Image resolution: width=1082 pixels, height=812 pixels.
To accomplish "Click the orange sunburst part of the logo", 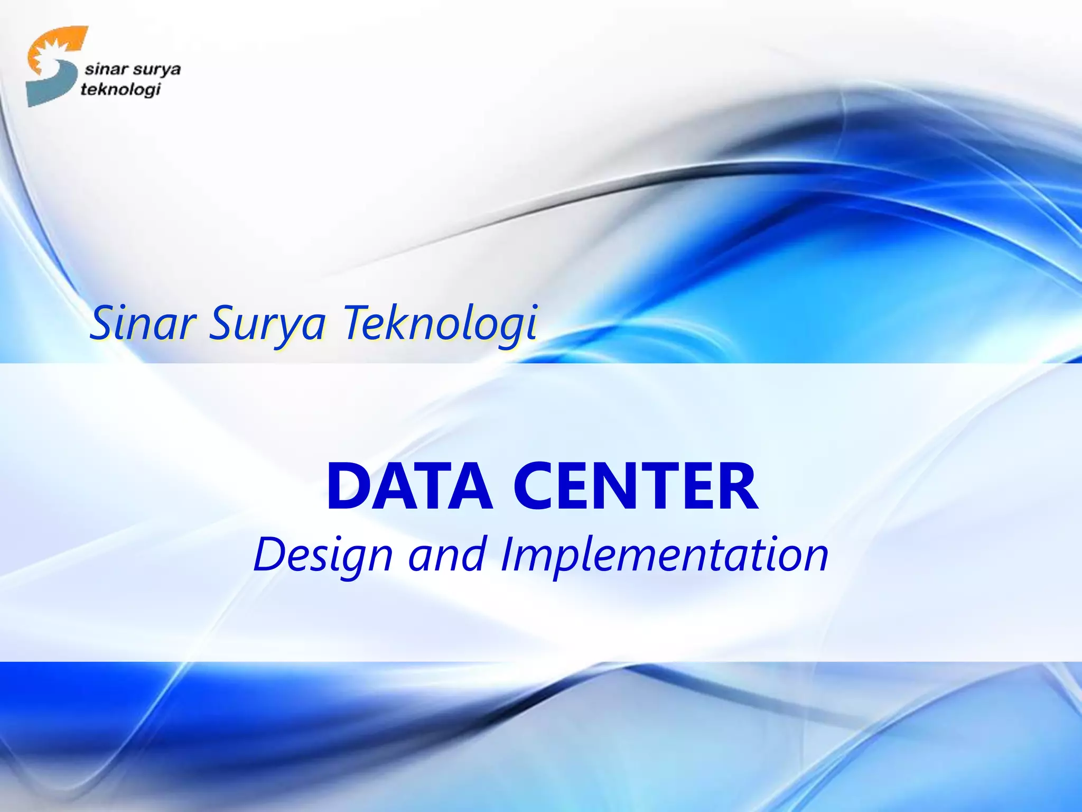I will pos(53,48).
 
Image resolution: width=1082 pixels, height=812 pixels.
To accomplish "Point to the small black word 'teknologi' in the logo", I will pos(120,90).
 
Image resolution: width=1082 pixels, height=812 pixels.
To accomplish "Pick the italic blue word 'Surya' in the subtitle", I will pos(267,324).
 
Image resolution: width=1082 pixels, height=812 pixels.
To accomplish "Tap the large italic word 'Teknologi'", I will pos(441,324).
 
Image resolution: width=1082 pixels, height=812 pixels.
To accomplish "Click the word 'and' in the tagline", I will pos(447,555).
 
